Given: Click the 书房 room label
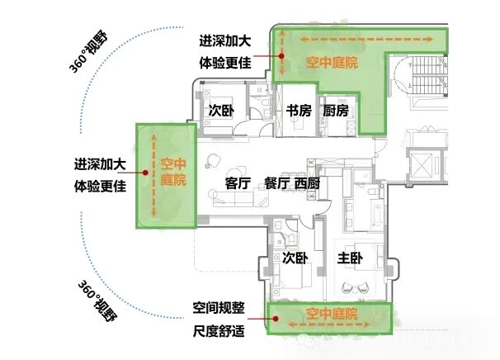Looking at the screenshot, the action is click(x=298, y=111).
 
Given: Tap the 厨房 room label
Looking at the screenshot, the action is click(x=336, y=111).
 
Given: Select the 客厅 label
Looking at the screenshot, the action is click(x=238, y=183).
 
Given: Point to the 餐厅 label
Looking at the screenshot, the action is click(x=276, y=183).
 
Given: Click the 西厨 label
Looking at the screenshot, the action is click(x=308, y=183).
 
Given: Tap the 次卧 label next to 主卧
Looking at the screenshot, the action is click(x=295, y=258).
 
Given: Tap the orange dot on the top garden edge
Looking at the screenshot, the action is click(x=281, y=55).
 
